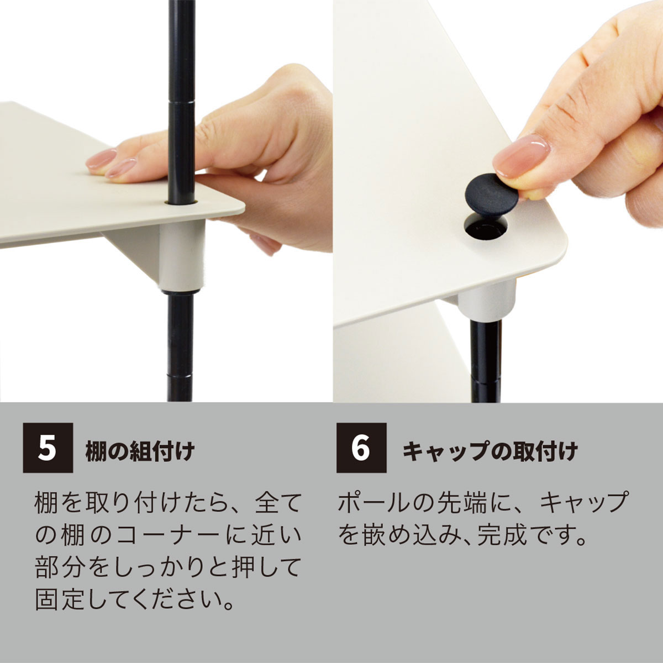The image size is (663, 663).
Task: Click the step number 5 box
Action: pyautogui.click(x=48, y=448)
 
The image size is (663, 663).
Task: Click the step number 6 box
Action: pyautogui.click(x=361, y=448)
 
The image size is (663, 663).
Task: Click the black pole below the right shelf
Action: pyautogui.click(x=485, y=359)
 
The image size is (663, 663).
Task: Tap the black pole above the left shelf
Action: pyautogui.click(x=181, y=83)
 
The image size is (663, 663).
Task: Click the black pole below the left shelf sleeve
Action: pyautogui.click(x=180, y=343)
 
